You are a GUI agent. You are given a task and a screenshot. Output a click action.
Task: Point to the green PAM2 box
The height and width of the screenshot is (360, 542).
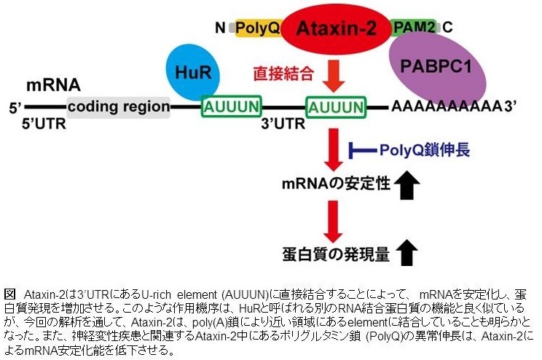pos(415,28)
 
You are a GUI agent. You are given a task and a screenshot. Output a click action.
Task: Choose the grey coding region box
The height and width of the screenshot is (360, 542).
pos(119,107)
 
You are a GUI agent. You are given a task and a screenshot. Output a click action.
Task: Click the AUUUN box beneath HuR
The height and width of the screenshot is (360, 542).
pos(232,108)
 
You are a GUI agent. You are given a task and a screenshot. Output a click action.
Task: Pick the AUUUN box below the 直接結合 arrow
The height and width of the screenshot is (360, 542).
pos(335,108)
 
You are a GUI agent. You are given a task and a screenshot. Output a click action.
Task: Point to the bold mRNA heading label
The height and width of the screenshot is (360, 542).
pos(53,85)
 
